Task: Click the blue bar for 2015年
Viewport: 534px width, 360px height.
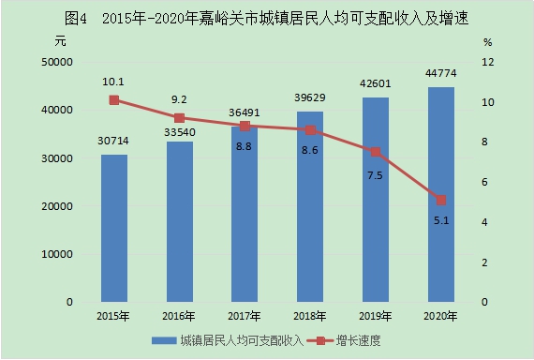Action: pos(114,228)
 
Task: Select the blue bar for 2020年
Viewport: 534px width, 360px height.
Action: pos(441,194)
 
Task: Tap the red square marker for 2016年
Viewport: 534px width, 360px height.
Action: pos(180,118)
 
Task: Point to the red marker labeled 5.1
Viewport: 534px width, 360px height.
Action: pos(441,200)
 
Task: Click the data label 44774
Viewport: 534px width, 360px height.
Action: pos(441,73)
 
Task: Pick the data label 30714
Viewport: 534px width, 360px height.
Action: pos(113,141)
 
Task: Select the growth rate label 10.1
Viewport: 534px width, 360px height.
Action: pos(113,82)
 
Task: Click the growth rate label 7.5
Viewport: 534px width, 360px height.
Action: pos(375,175)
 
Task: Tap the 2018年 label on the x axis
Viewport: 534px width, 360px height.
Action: pos(309,316)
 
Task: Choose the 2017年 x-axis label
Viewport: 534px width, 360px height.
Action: pos(244,316)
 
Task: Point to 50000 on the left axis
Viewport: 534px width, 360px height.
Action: pos(57,62)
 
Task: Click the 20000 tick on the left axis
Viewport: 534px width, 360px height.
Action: pos(57,206)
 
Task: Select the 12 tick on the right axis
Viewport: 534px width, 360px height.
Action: pos(488,62)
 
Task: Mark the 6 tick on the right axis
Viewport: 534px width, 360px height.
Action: pos(484,182)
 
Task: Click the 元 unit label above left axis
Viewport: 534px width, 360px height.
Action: pos(60,41)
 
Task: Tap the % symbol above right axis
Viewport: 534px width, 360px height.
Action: pos(488,42)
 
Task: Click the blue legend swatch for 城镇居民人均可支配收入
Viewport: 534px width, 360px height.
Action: pos(164,340)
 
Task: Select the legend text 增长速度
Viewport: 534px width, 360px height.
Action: pos(358,340)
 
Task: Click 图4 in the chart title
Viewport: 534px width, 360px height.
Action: pos(76,19)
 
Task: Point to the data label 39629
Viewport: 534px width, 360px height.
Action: pos(309,97)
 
